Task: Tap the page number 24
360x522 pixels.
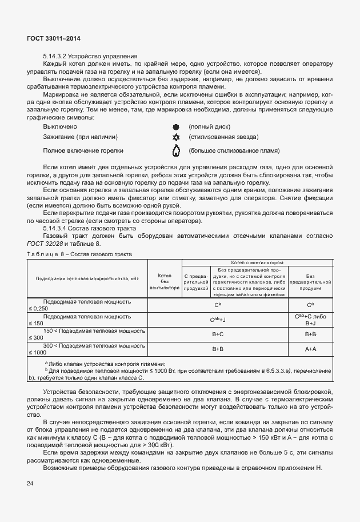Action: [30, 483]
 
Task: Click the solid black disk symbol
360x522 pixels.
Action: [176, 126]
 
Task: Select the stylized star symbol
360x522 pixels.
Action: [176, 138]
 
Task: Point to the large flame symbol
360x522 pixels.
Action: [176, 151]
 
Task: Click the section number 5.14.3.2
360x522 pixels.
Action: [59, 56]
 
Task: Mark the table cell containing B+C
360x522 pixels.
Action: [218, 333]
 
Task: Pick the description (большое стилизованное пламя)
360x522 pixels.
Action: [226, 151]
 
